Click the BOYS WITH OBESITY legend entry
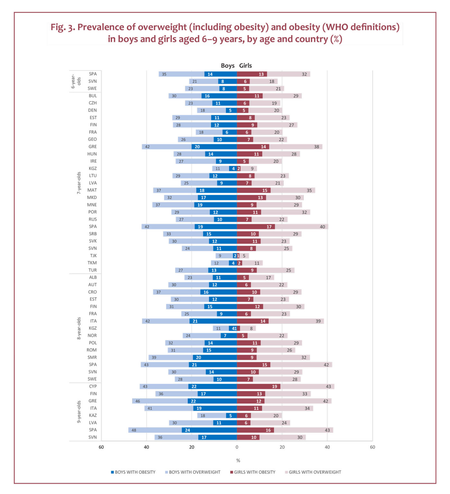click(133, 472)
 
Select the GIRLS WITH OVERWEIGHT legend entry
click(313, 472)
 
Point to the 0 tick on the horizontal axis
click(237, 447)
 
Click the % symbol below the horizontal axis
click(238, 461)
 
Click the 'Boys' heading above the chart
click(227, 66)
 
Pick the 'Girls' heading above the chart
click(245, 66)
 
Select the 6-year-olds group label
click(76, 81)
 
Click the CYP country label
click(93, 386)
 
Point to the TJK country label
click(93, 256)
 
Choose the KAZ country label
click(93, 416)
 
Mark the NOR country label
click(92, 335)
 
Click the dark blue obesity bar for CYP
click(213, 386)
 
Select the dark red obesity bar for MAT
click(253, 190)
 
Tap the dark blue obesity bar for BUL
click(219, 96)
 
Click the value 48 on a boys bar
click(134, 430)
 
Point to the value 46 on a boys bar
click(138, 401)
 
